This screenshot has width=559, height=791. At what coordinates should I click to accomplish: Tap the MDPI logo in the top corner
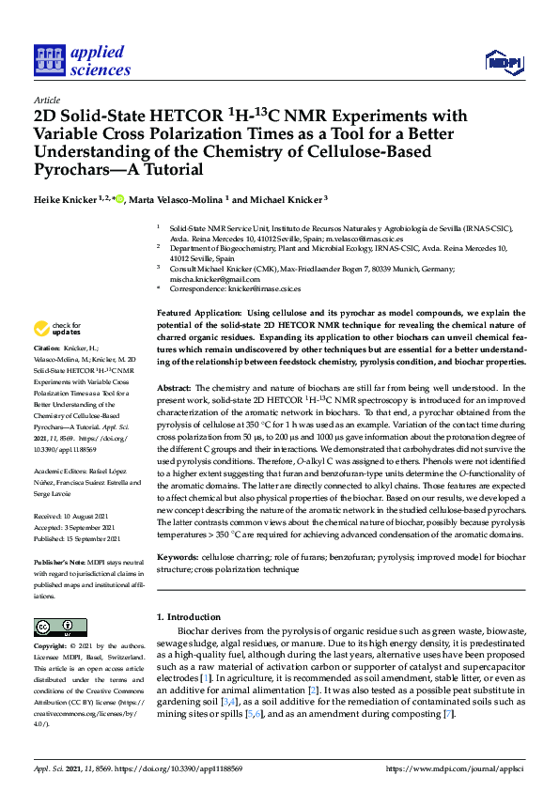tap(503, 63)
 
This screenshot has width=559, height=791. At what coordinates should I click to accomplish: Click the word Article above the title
tap(46, 100)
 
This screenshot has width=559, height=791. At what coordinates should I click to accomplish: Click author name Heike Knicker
tap(70, 200)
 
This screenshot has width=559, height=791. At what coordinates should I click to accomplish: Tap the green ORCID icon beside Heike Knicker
tap(120, 199)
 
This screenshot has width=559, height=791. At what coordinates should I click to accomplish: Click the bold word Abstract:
tap(173, 387)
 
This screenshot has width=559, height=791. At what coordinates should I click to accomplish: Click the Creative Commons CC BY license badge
tap(53, 627)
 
